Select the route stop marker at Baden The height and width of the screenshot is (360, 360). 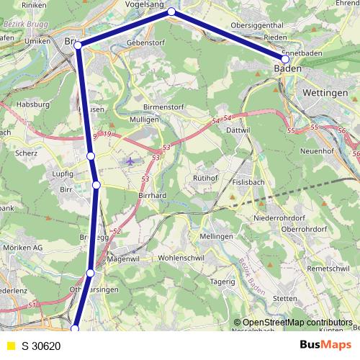coord(285,59)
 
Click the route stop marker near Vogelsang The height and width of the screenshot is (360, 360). coord(171,12)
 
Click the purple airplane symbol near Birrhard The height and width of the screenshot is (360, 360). coord(130,161)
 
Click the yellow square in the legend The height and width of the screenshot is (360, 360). coord(10,346)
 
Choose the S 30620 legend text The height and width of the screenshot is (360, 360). coord(41,346)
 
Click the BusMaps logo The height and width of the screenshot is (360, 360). coord(325,345)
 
